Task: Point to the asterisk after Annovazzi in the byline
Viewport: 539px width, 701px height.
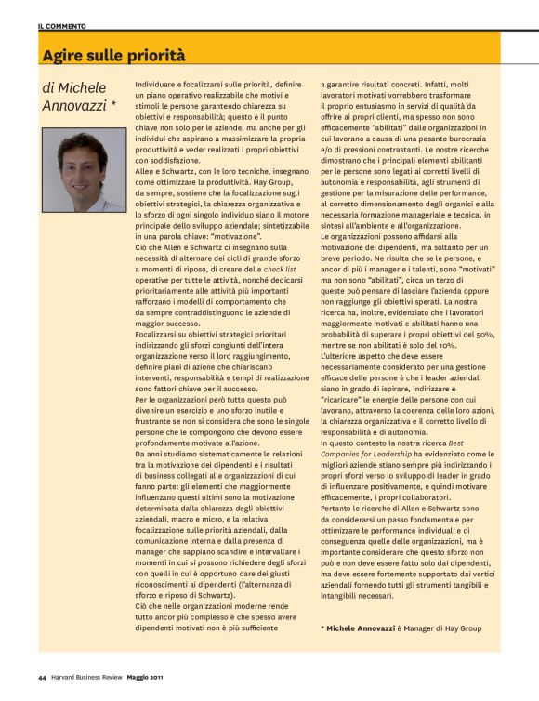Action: pos(113,107)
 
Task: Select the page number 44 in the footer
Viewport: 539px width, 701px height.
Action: pos(43,676)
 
